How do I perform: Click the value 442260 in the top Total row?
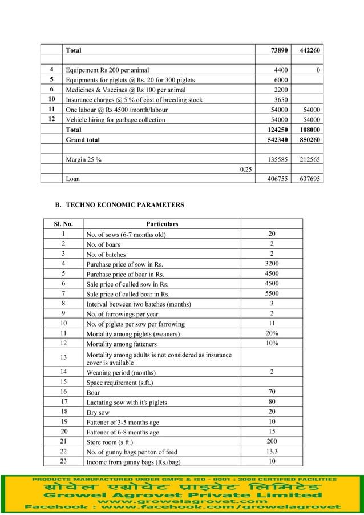click(x=306, y=51)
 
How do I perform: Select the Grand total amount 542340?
click(x=275, y=139)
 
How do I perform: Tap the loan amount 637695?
click(x=306, y=178)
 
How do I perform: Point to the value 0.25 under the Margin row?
click(x=246, y=169)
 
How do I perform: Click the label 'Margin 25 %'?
click(x=84, y=159)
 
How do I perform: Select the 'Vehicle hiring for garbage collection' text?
click(x=116, y=120)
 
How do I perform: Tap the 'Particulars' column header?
click(x=162, y=224)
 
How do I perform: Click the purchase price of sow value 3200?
click(x=272, y=263)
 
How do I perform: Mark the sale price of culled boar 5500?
click(x=272, y=293)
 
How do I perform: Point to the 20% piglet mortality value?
click(x=272, y=333)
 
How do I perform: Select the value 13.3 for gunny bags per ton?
click(x=272, y=451)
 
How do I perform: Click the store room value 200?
click(x=272, y=441)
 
